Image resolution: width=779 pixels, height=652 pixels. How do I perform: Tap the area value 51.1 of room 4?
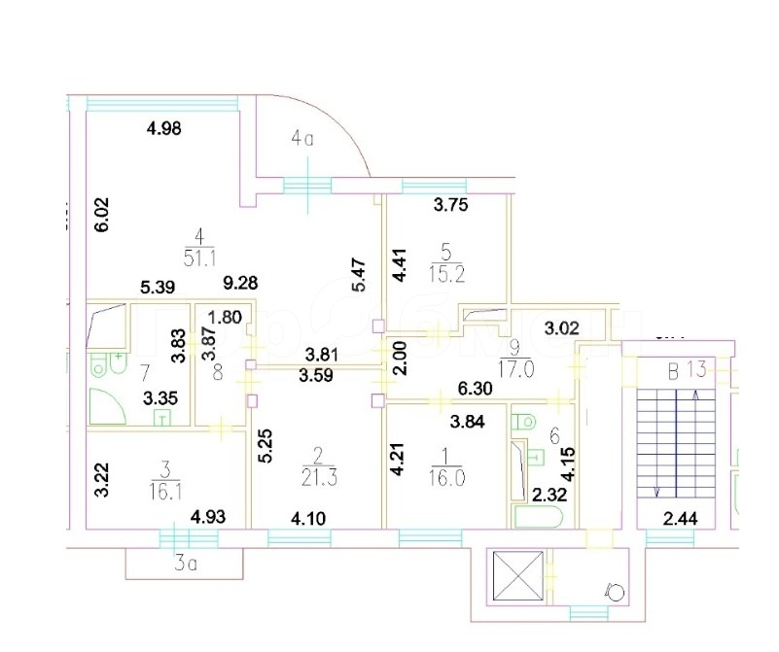pos(198,257)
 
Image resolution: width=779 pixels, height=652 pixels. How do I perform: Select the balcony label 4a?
pos(302,139)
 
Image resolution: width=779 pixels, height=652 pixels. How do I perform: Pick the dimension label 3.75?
pos(451,205)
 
